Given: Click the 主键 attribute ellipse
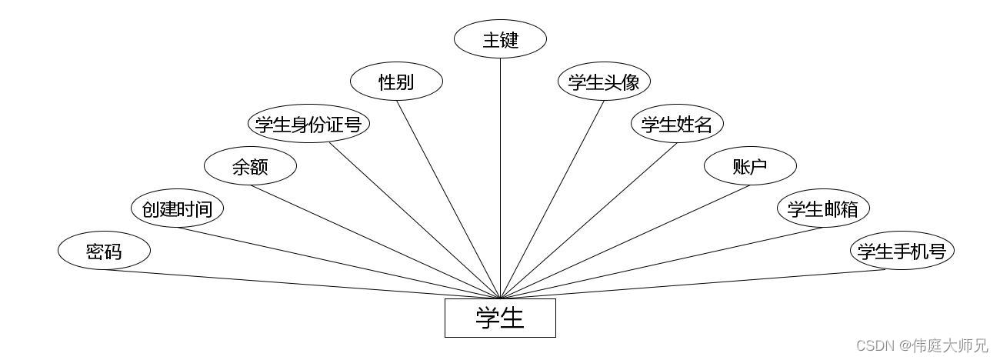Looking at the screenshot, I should point(500,39).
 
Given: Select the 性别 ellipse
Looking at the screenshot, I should point(396,82).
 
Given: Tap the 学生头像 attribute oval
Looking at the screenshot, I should point(604,82).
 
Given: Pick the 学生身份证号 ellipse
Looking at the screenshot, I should point(308,124).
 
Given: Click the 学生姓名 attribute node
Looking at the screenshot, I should point(677,124).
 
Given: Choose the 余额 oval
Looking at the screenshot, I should point(250,166).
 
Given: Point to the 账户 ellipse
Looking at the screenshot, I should point(750,166).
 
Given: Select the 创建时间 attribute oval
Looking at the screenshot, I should point(177,208).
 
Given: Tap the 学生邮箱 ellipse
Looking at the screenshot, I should point(823,208).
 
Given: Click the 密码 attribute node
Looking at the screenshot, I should point(104,251).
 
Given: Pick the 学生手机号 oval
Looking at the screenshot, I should point(902,251).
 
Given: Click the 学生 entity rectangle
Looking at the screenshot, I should point(500,318).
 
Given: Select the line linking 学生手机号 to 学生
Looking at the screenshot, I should point(700,284).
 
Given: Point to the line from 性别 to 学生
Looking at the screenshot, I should point(448,199).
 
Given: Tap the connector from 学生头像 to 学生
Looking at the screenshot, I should point(552,199).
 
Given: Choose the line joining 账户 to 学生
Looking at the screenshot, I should point(625,242).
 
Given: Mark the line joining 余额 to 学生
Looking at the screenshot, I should point(375,242).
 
